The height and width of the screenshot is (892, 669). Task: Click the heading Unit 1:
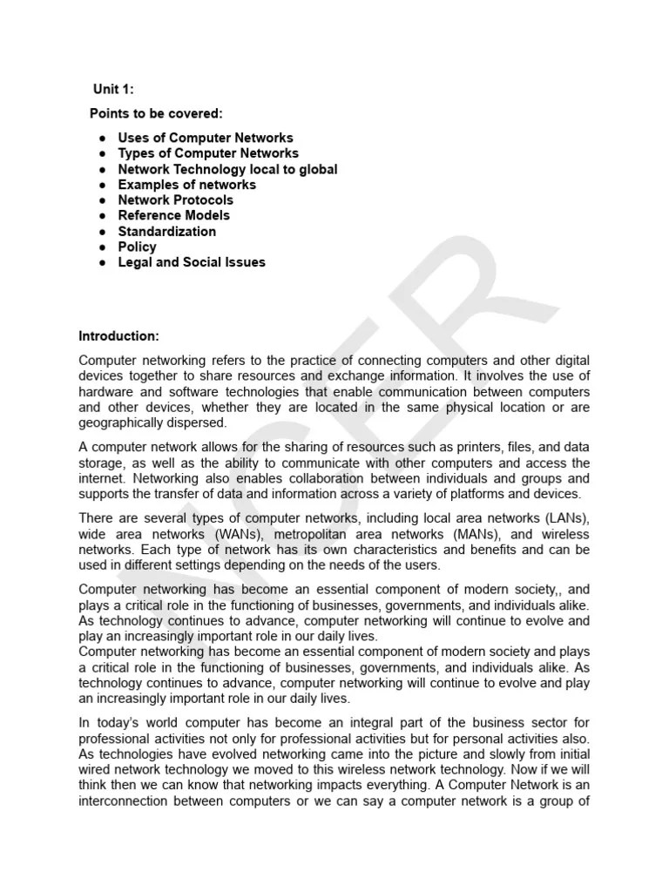coord(113,90)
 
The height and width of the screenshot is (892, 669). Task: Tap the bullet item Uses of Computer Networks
coord(206,138)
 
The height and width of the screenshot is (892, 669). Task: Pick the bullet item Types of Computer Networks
coord(208,153)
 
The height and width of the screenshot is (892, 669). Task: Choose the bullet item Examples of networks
coord(186,185)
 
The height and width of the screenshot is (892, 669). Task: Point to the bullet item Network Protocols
coord(175,200)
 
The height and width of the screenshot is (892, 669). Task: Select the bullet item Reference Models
coord(174,215)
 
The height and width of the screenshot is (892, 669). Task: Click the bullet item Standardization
coord(166,231)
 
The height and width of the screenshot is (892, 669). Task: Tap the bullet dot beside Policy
coord(102,247)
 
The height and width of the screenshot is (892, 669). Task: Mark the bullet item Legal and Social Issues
coord(192,262)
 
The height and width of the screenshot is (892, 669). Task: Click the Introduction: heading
coord(119,335)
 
